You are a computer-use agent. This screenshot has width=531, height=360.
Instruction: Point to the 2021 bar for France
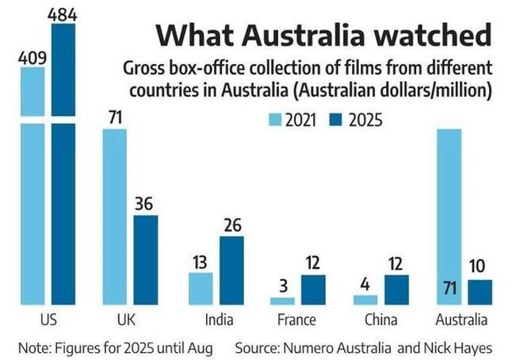tap(283, 301)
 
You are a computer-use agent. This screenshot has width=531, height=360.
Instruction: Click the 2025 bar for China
tap(395, 289)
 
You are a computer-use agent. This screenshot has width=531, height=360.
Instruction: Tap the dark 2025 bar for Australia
tap(479, 291)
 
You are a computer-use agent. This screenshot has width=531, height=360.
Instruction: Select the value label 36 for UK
tap(145, 204)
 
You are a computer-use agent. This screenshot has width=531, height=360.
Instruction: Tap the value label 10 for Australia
tap(479, 267)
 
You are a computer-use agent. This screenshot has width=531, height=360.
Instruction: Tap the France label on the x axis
tap(297, 320)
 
